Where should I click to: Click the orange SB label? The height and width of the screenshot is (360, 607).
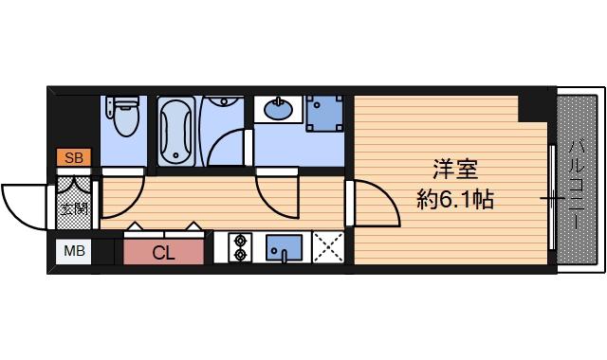pos(74,157)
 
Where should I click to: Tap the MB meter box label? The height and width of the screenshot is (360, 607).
pos(74,252)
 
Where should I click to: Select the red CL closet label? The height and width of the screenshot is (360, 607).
pos(163,253)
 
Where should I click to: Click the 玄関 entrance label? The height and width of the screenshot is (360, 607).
pos(75,209)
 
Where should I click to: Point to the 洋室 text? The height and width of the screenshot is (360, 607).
pos(455,170)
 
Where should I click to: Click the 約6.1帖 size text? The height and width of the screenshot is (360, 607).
pos(455,200)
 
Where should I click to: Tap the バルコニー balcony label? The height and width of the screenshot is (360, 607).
pos(577,187)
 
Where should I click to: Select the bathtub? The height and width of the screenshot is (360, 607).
pos(176,132)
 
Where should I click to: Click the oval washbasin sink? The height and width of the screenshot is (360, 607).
pos(278,110)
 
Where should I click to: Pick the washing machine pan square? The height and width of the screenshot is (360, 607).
pos(324,114)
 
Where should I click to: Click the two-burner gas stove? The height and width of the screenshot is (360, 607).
pos(240,247)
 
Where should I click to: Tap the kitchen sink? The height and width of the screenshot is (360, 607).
pos(284,248)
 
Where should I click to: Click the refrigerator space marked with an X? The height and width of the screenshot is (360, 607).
pos(328,247)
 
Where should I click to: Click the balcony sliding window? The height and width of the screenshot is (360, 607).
pos(552,198)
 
